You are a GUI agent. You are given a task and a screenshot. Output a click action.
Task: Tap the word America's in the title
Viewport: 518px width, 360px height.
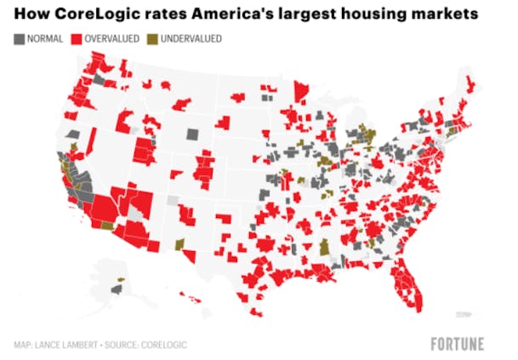coord(241,14)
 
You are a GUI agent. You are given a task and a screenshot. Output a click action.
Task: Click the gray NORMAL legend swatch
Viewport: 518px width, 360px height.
coord(19,39)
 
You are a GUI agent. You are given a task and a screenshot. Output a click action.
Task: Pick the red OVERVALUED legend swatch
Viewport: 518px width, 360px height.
coord(76,39)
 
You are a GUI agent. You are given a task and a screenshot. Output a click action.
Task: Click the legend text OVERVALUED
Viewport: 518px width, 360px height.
coord(111,39)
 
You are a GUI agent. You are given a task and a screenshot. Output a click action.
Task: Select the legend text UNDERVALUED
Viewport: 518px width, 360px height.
coord(191,39)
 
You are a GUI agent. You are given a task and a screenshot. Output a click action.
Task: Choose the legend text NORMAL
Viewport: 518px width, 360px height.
coord(45,39)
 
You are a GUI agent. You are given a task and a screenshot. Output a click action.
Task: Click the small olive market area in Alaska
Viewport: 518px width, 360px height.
coord(120,279)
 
